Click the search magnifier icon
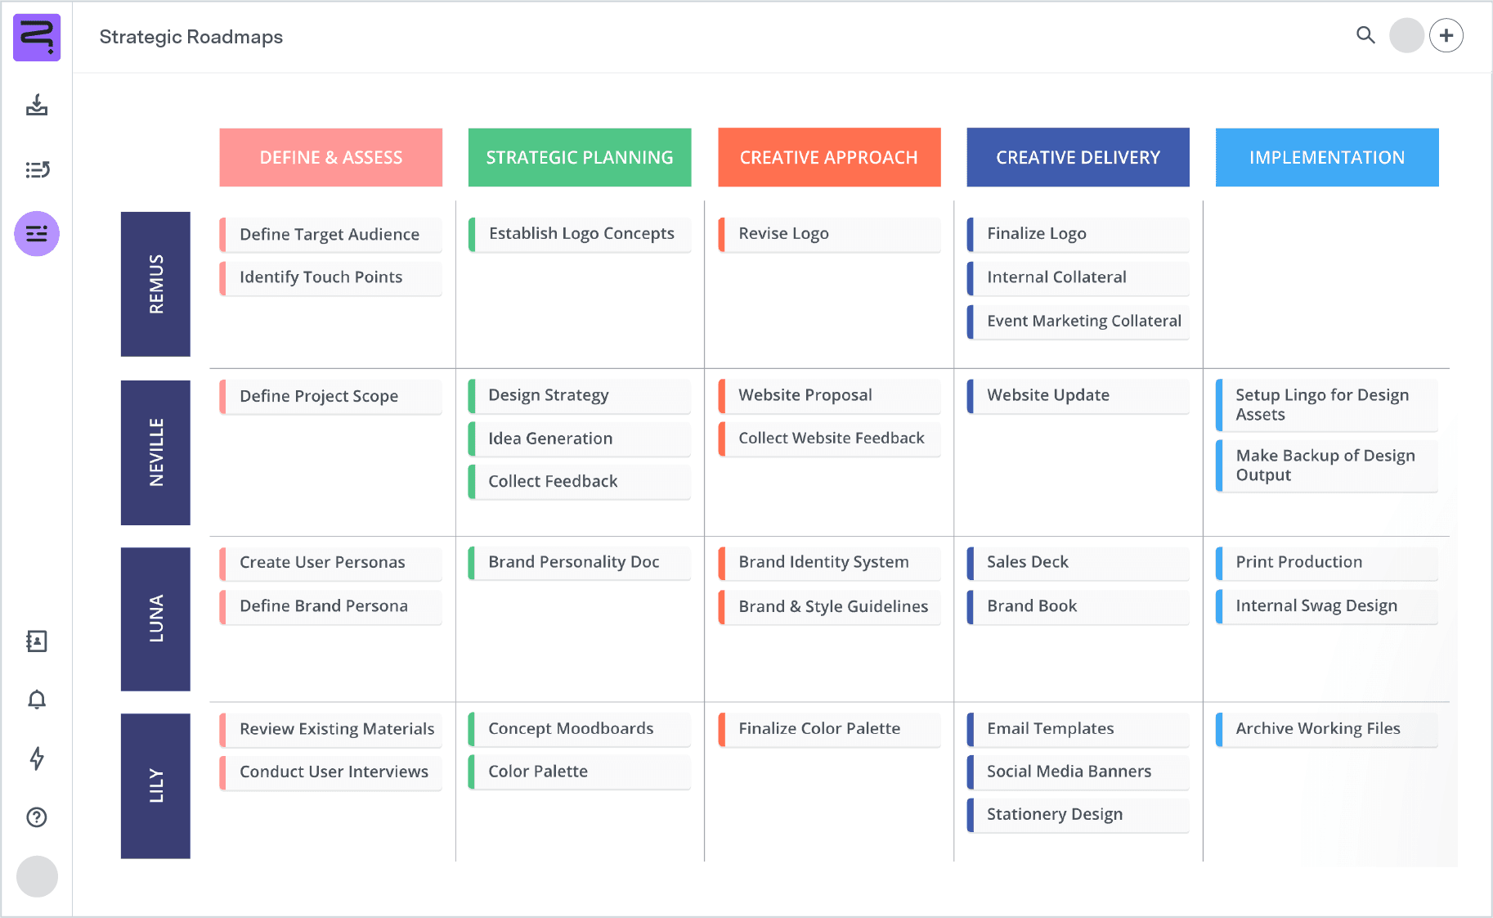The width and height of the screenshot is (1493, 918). (x=1365, y=35)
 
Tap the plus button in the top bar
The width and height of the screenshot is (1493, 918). (x=1446, y=36)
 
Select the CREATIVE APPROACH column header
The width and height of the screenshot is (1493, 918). (x=829, y=157)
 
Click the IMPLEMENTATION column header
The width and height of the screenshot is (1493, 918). (x=1326, y=157)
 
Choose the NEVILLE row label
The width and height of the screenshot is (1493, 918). (x=155, y=452)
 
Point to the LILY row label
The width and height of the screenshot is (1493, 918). (x=155, y=785)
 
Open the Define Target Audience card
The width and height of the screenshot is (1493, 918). (x=330, y=235)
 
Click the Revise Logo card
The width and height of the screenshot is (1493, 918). (x=829, y=234)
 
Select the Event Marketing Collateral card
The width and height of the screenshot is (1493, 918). (x=1078, y=322)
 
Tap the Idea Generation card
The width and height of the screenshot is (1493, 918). (x=579, y=439)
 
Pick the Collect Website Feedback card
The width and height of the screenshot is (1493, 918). (x=829, y=439)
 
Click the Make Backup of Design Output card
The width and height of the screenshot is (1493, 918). (x=1326, y=466)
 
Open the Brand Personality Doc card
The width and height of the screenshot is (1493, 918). (x=579, y=562)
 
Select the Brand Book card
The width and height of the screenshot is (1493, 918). (x=1078, y=606)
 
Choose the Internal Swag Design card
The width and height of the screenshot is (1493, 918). (x=1326, y=606)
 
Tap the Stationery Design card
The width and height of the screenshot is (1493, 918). (x=1078, y=815)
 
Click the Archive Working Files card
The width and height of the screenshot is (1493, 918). (x=1326, y=729)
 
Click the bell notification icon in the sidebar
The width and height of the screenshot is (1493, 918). (x=37, y=700)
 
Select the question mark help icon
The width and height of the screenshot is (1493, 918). (x=37, y=817)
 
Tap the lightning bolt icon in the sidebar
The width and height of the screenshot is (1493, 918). (x=37, y=758)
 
